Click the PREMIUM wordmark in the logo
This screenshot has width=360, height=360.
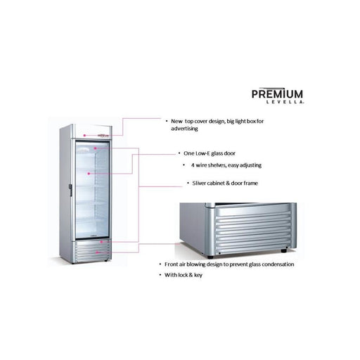pos(277,94)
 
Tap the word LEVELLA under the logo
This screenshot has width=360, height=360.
pos(285,102)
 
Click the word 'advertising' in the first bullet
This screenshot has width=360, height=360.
pos(184,129)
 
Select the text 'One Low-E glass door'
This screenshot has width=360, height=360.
pos(210,153)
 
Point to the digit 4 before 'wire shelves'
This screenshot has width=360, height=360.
pos(193,165)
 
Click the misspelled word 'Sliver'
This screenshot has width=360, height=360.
pos(199,183)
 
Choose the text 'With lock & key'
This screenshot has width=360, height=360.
pos(184,275)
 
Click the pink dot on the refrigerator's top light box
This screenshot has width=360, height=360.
pos(84,136)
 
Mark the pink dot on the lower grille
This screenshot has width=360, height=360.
pos(97,252)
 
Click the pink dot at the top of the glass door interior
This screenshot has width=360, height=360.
pos(95,148)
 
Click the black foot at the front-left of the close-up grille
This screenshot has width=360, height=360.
pos(210,257)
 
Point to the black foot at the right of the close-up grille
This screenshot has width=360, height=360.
pos(284,250)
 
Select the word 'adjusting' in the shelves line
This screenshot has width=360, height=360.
pos(250,165)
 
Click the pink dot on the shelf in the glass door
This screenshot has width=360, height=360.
pos(89,174)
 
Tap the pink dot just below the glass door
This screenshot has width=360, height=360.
pos(101,242)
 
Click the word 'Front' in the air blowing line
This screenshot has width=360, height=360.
pos(172,264)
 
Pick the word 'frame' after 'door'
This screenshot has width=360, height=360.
pos(251,183)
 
